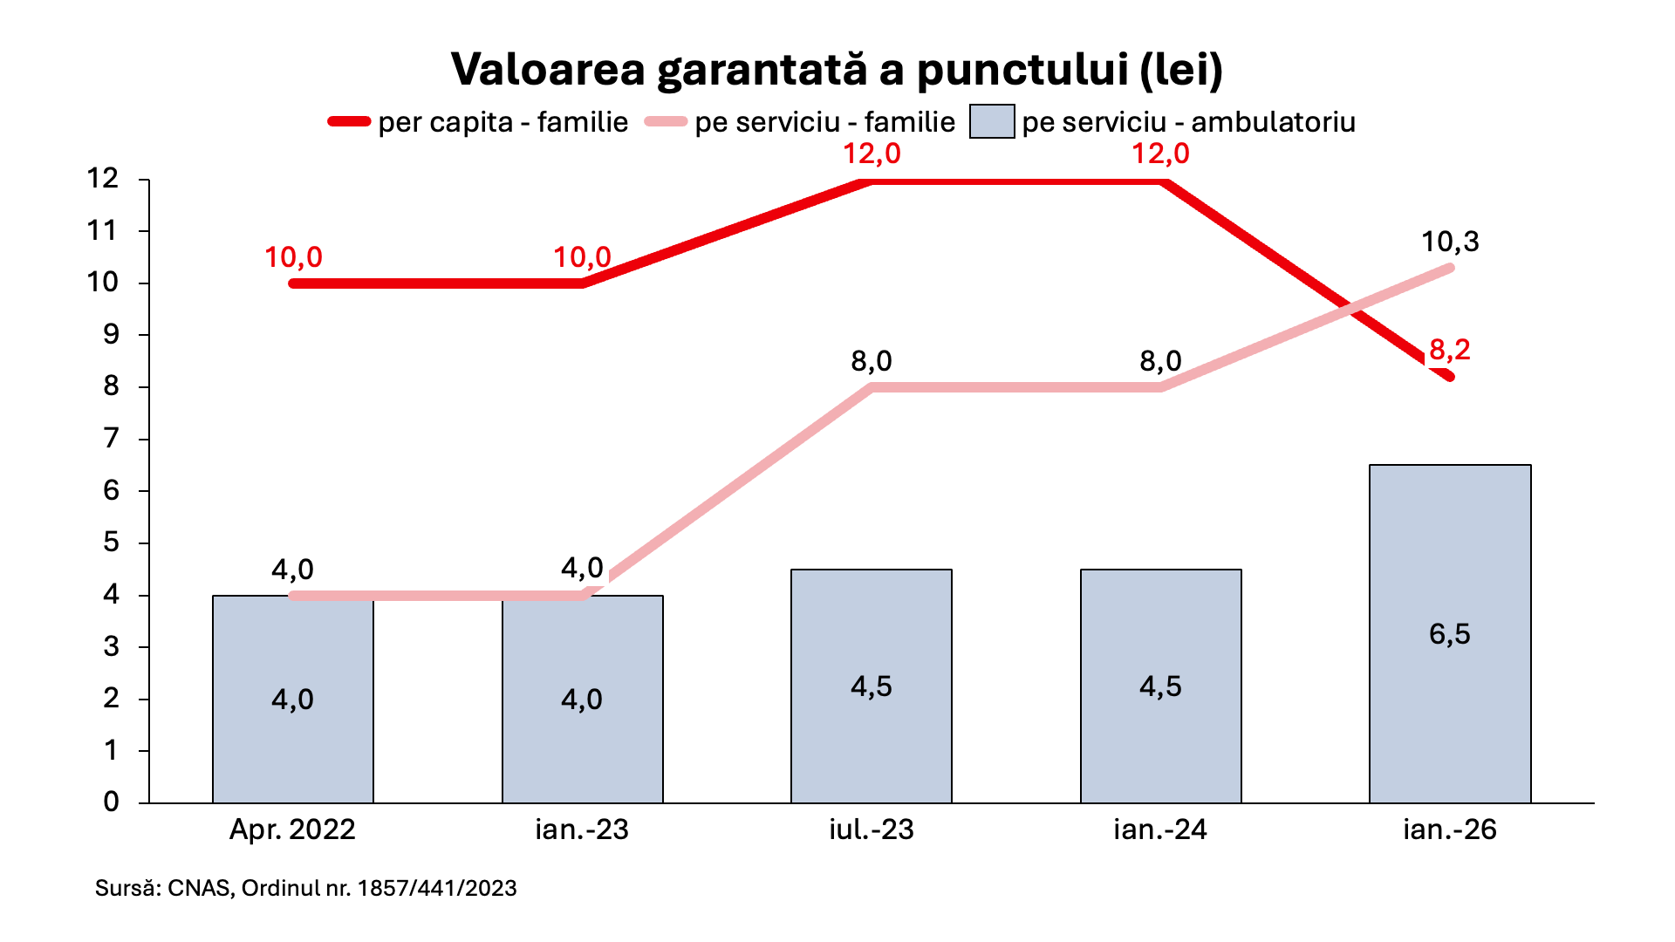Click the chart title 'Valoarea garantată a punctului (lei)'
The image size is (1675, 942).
pos(837,70)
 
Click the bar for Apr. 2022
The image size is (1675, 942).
pos(293,699)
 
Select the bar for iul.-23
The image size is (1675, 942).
pos(872,686)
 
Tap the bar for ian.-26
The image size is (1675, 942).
pos(1450,633)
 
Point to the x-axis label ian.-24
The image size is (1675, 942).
pos(1160,829)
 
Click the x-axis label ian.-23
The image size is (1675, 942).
pos(582,829)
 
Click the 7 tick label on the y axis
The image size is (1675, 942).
pos(111,438)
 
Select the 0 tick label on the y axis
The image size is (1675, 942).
pos(111,802)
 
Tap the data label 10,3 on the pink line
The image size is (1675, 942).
pos(1450,242)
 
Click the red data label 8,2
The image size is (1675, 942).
pos(1450,350)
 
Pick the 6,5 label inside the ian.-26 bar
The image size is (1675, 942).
pos(1450,634)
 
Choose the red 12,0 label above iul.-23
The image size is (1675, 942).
pos(872,154)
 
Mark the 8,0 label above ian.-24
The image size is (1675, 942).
pos(1160,361)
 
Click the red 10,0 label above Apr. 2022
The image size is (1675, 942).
pos(293,257)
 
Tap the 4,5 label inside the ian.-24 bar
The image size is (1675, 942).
pos(1160,686)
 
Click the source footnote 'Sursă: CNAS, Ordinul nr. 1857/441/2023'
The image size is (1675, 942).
pos(306,888)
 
